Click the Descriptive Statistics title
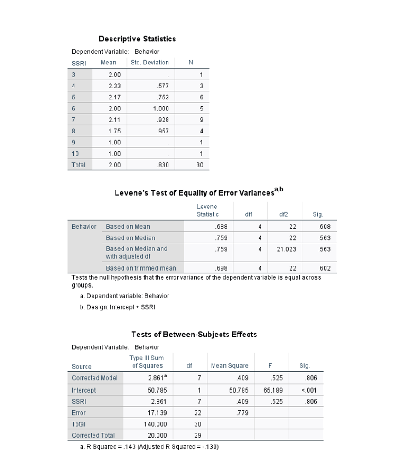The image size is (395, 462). (x=137, y=39)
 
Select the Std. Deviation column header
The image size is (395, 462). (x=146, y=63)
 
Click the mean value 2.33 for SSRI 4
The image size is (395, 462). (x=115, y=86)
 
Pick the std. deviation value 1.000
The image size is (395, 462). (x=161, y=109)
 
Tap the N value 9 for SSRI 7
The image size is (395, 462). (x=201, y=120)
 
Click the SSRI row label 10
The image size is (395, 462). (x=75, y=154)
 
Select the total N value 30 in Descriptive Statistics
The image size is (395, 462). (x=200, y=165)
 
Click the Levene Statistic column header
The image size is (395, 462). (x=207, y=210)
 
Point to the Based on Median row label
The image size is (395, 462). (x=130, y=238)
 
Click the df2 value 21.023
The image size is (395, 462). (x=287, y=249)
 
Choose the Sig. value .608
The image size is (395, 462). (x=325, y=227)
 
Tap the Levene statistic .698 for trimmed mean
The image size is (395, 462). (x=221, y=268)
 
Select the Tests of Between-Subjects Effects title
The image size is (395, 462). (x=194, y=335)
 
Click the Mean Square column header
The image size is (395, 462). (x=229, y=366)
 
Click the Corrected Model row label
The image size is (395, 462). (x=94, y=378)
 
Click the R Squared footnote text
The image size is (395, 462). (x=149, y=447)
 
